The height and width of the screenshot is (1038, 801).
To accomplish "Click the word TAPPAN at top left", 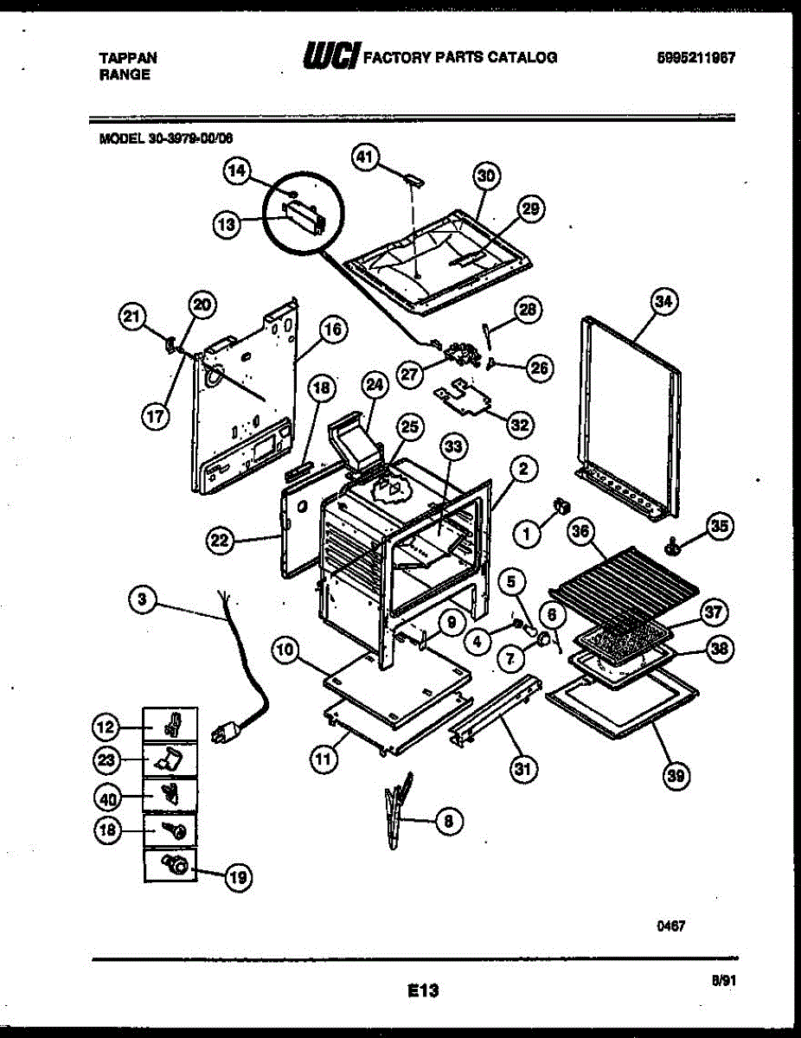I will pos(128,57).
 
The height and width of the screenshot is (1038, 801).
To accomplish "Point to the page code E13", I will pos(424,991).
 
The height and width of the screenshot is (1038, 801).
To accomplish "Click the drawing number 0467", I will pos(671,926).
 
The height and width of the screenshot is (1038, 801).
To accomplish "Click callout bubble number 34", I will pos(663,302).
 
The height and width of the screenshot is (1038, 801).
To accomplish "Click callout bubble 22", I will pos(221,542).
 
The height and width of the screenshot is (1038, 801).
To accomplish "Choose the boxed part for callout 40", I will pos(170,794).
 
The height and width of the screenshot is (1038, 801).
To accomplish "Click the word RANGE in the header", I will pos(125,74).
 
